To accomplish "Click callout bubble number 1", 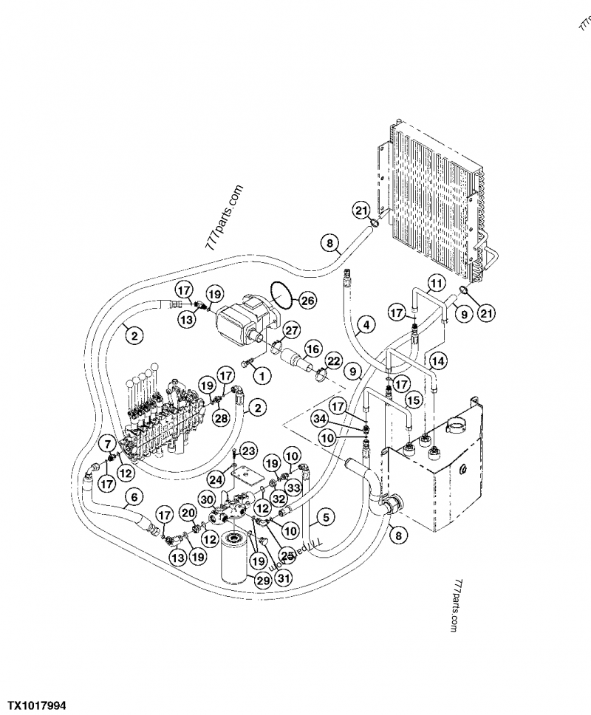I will click(x=260, y=376).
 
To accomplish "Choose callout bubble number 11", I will click(x=437, y=284).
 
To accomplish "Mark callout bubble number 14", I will click(x=439, y=361).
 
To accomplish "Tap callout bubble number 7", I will click(x=108, y=444).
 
